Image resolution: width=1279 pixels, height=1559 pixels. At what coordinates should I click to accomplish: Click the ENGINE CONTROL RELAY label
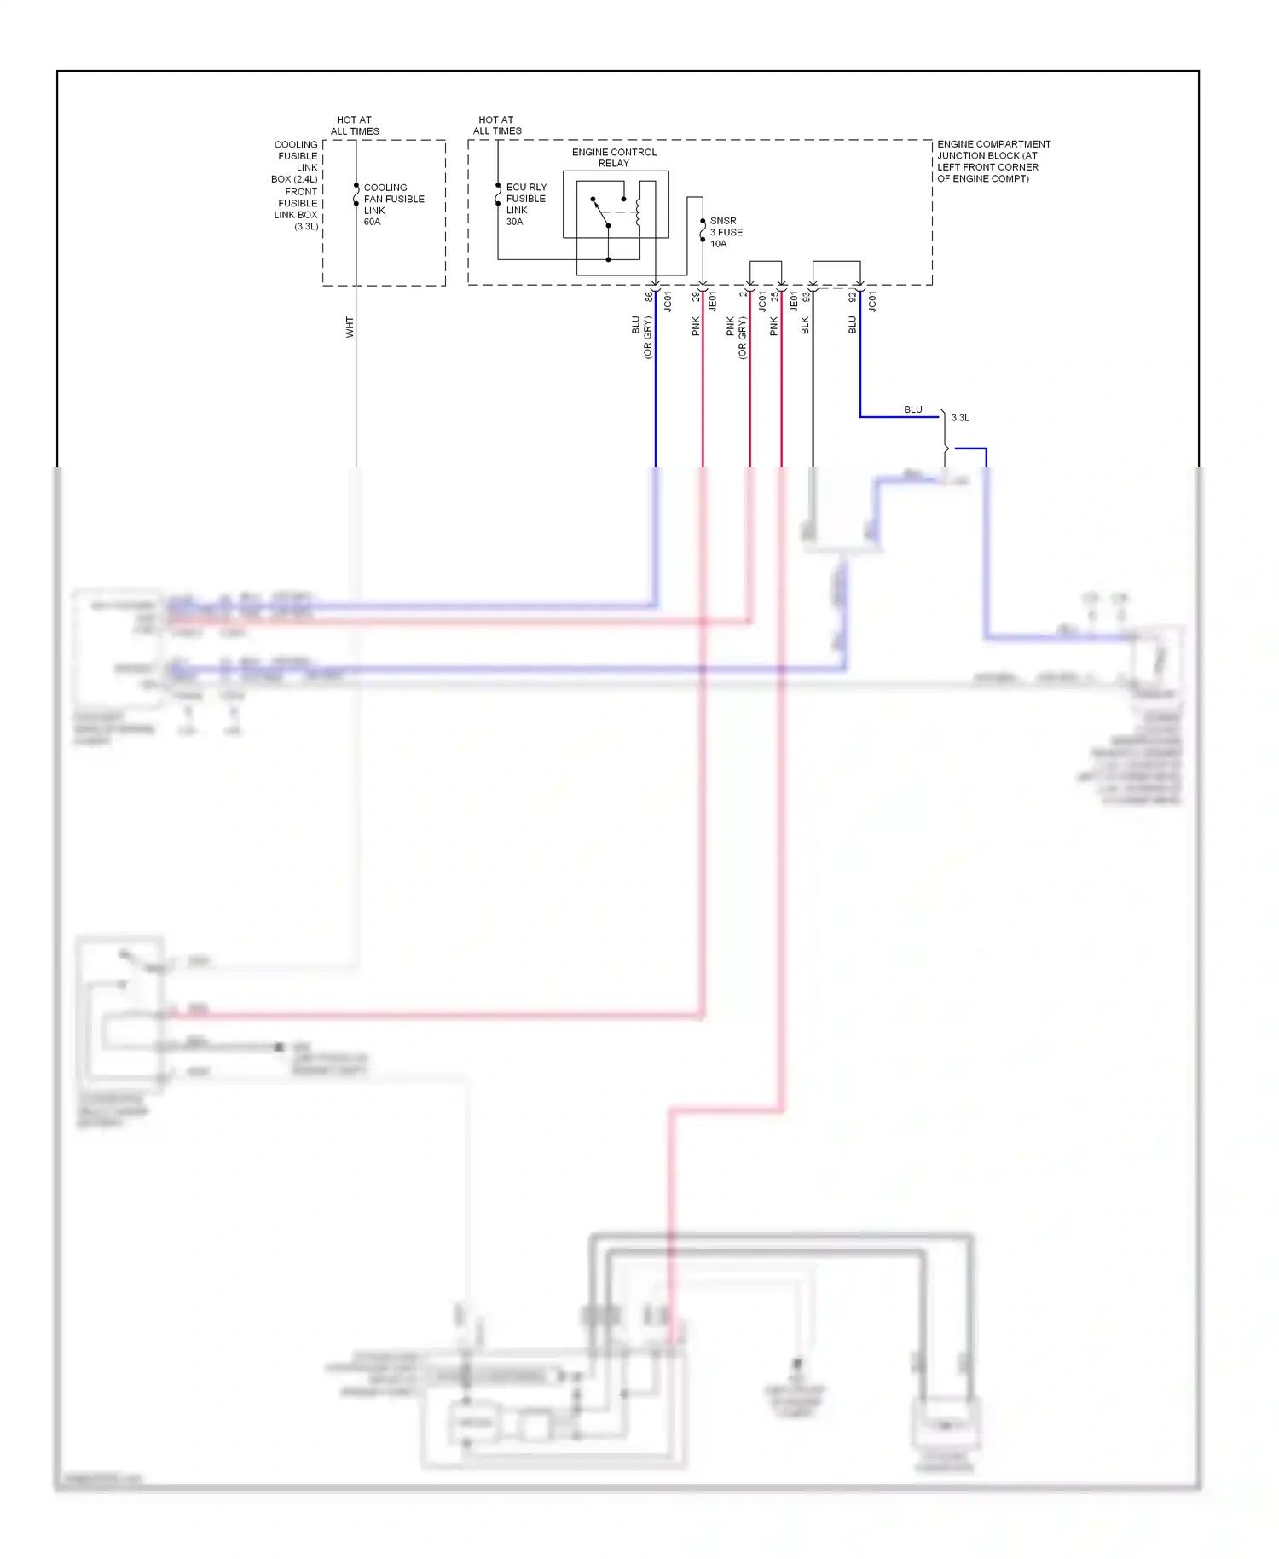coord(614,157)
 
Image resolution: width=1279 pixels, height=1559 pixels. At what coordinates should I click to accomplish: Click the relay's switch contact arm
coord(601,212)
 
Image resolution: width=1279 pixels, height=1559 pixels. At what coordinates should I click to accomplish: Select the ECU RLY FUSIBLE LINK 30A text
coord(525,204)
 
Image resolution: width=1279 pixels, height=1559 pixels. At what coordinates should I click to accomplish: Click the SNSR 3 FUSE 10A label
coord(726,232)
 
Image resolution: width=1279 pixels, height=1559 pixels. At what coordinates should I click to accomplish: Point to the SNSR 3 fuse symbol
coord(703,230)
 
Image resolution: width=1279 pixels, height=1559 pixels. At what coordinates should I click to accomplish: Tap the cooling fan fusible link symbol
coord(356,195)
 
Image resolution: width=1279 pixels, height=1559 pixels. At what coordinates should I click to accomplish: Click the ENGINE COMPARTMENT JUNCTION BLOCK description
coord(993,160)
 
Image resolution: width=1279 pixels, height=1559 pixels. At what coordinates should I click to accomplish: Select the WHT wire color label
coord(350,327)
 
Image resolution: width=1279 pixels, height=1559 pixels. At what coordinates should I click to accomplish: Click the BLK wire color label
coord(805,325)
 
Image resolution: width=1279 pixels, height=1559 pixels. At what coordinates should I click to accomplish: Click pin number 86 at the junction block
coord(649,296)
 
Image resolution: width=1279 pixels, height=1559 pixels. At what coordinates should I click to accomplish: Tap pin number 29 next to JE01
coord(696,296)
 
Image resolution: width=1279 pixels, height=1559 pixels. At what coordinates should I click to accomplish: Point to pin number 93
coord(806,297)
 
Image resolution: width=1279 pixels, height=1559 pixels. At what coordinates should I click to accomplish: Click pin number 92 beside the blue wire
coord(852,297)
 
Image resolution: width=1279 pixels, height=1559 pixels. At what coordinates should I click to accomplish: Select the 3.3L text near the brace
coord(960,418)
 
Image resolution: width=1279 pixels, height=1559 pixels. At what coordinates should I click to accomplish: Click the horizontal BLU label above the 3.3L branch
coord(913,409)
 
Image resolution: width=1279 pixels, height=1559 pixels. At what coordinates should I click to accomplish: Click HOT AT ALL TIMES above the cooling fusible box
coord(355,125)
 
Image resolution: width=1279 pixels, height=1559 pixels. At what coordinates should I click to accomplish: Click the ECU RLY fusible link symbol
coord(498,194)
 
